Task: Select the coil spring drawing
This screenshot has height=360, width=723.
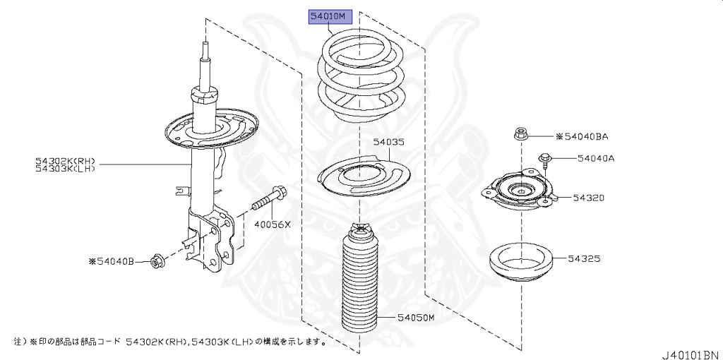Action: point(358,78)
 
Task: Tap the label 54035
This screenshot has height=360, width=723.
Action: point(389,142)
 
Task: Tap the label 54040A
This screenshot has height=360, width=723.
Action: point(595,158)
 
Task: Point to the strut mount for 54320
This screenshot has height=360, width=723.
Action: point(520,194)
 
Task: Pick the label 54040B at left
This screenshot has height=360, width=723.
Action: point(111,261)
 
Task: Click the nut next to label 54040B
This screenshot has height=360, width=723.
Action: point(157,262)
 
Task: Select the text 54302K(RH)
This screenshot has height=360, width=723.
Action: point(65,160)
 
